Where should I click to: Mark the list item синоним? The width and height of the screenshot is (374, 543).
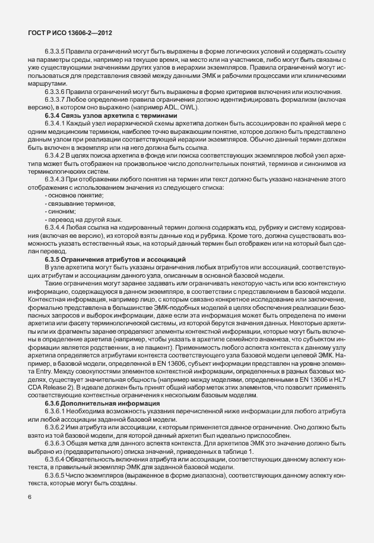[61, 211]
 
